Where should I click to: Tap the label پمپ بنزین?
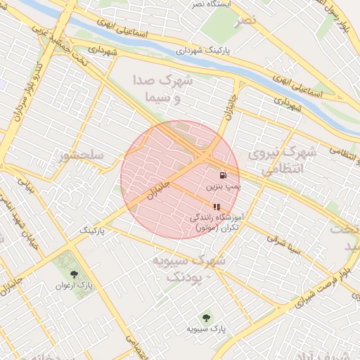click(223, 188)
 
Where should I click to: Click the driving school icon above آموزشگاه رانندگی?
click(217, 207)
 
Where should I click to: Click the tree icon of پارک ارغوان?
click(75, 274)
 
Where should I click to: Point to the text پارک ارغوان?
click(75, 286)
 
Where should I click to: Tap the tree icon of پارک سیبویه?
click(205, 317)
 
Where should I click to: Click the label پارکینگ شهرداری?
click(205, 51)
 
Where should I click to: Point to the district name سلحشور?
click(82, 154)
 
